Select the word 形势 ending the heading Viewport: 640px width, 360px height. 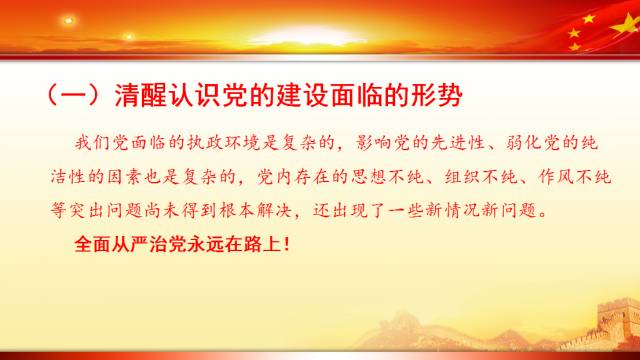tap(439, 96)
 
